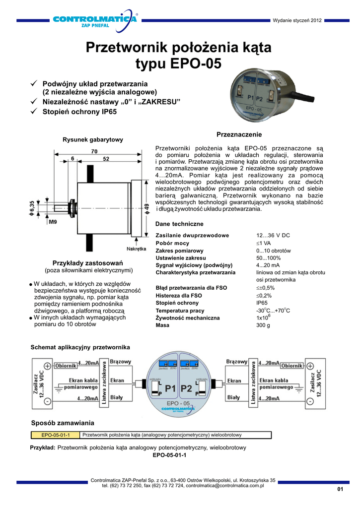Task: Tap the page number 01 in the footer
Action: coord(340,490)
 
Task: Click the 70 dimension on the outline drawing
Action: coord(94,151)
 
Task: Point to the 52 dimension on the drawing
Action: coord(106,159)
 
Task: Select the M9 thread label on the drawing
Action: coord(53,222)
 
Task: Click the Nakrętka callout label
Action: coord(136,248)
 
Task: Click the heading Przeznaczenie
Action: coord(239,135)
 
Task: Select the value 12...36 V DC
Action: coord(273,235)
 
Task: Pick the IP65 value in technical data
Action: coord(262,302)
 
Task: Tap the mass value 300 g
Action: coord(263,325)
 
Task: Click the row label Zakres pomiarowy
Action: coord(179,251)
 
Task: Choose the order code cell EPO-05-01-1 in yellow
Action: coord(55,436)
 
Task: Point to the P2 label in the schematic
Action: coord(187,388)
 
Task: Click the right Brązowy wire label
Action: coord(237,362)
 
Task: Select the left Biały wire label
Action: coord(116,397)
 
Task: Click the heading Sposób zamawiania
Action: coord(63,423)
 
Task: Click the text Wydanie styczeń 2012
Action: coord(297,20)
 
